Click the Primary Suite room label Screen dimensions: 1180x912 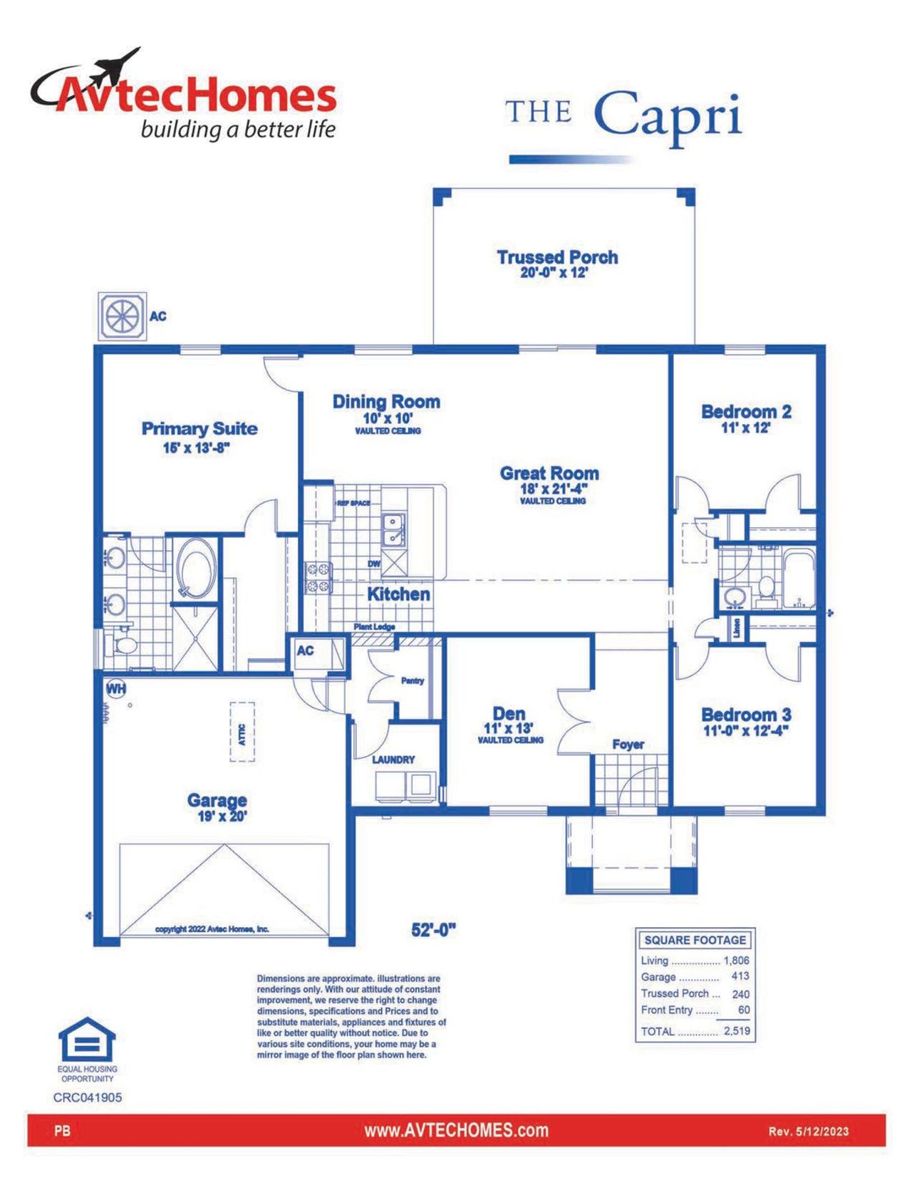[x=199, y=428]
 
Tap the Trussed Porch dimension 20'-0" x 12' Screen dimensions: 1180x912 [x=554, y=273]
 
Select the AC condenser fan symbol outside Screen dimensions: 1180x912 [x=123, y=316]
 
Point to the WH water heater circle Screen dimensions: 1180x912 [x=115, y=688]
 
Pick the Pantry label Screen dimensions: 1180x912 [x=412, y=680]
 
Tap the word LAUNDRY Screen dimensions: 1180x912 [x=393, y=760]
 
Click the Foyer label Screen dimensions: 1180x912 [x=628, y=744]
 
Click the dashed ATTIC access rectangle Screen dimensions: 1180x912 [x=242, y=732]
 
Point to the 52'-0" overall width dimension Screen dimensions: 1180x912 [x=433, y=929]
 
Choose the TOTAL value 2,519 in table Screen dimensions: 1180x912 [x=737, y=1030]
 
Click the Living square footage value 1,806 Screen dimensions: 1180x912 [x=736, y=961]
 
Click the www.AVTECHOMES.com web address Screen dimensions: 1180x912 [x=456, y=1130]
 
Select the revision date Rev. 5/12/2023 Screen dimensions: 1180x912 [x=808, y=1131]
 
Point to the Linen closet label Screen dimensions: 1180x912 [x=737, y=628]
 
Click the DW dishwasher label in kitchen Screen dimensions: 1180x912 [x=374, y=564]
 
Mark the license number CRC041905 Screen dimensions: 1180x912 [x=87, y=1097]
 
